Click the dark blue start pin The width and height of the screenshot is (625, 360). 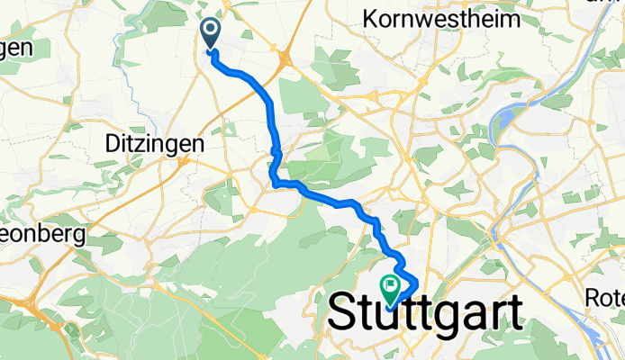210,34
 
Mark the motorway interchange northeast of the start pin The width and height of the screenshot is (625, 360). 285,59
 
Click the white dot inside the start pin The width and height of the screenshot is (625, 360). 210,31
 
